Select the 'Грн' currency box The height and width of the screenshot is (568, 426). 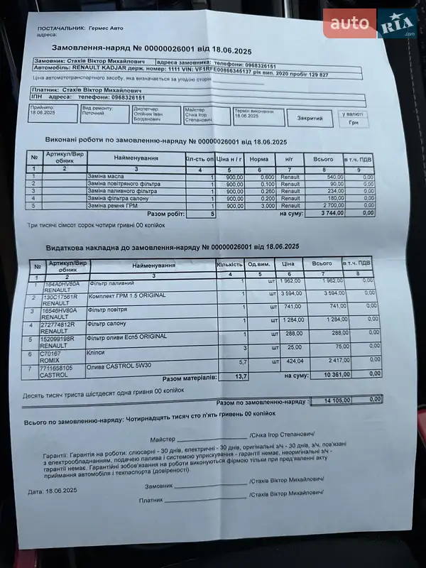point(353,122)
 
